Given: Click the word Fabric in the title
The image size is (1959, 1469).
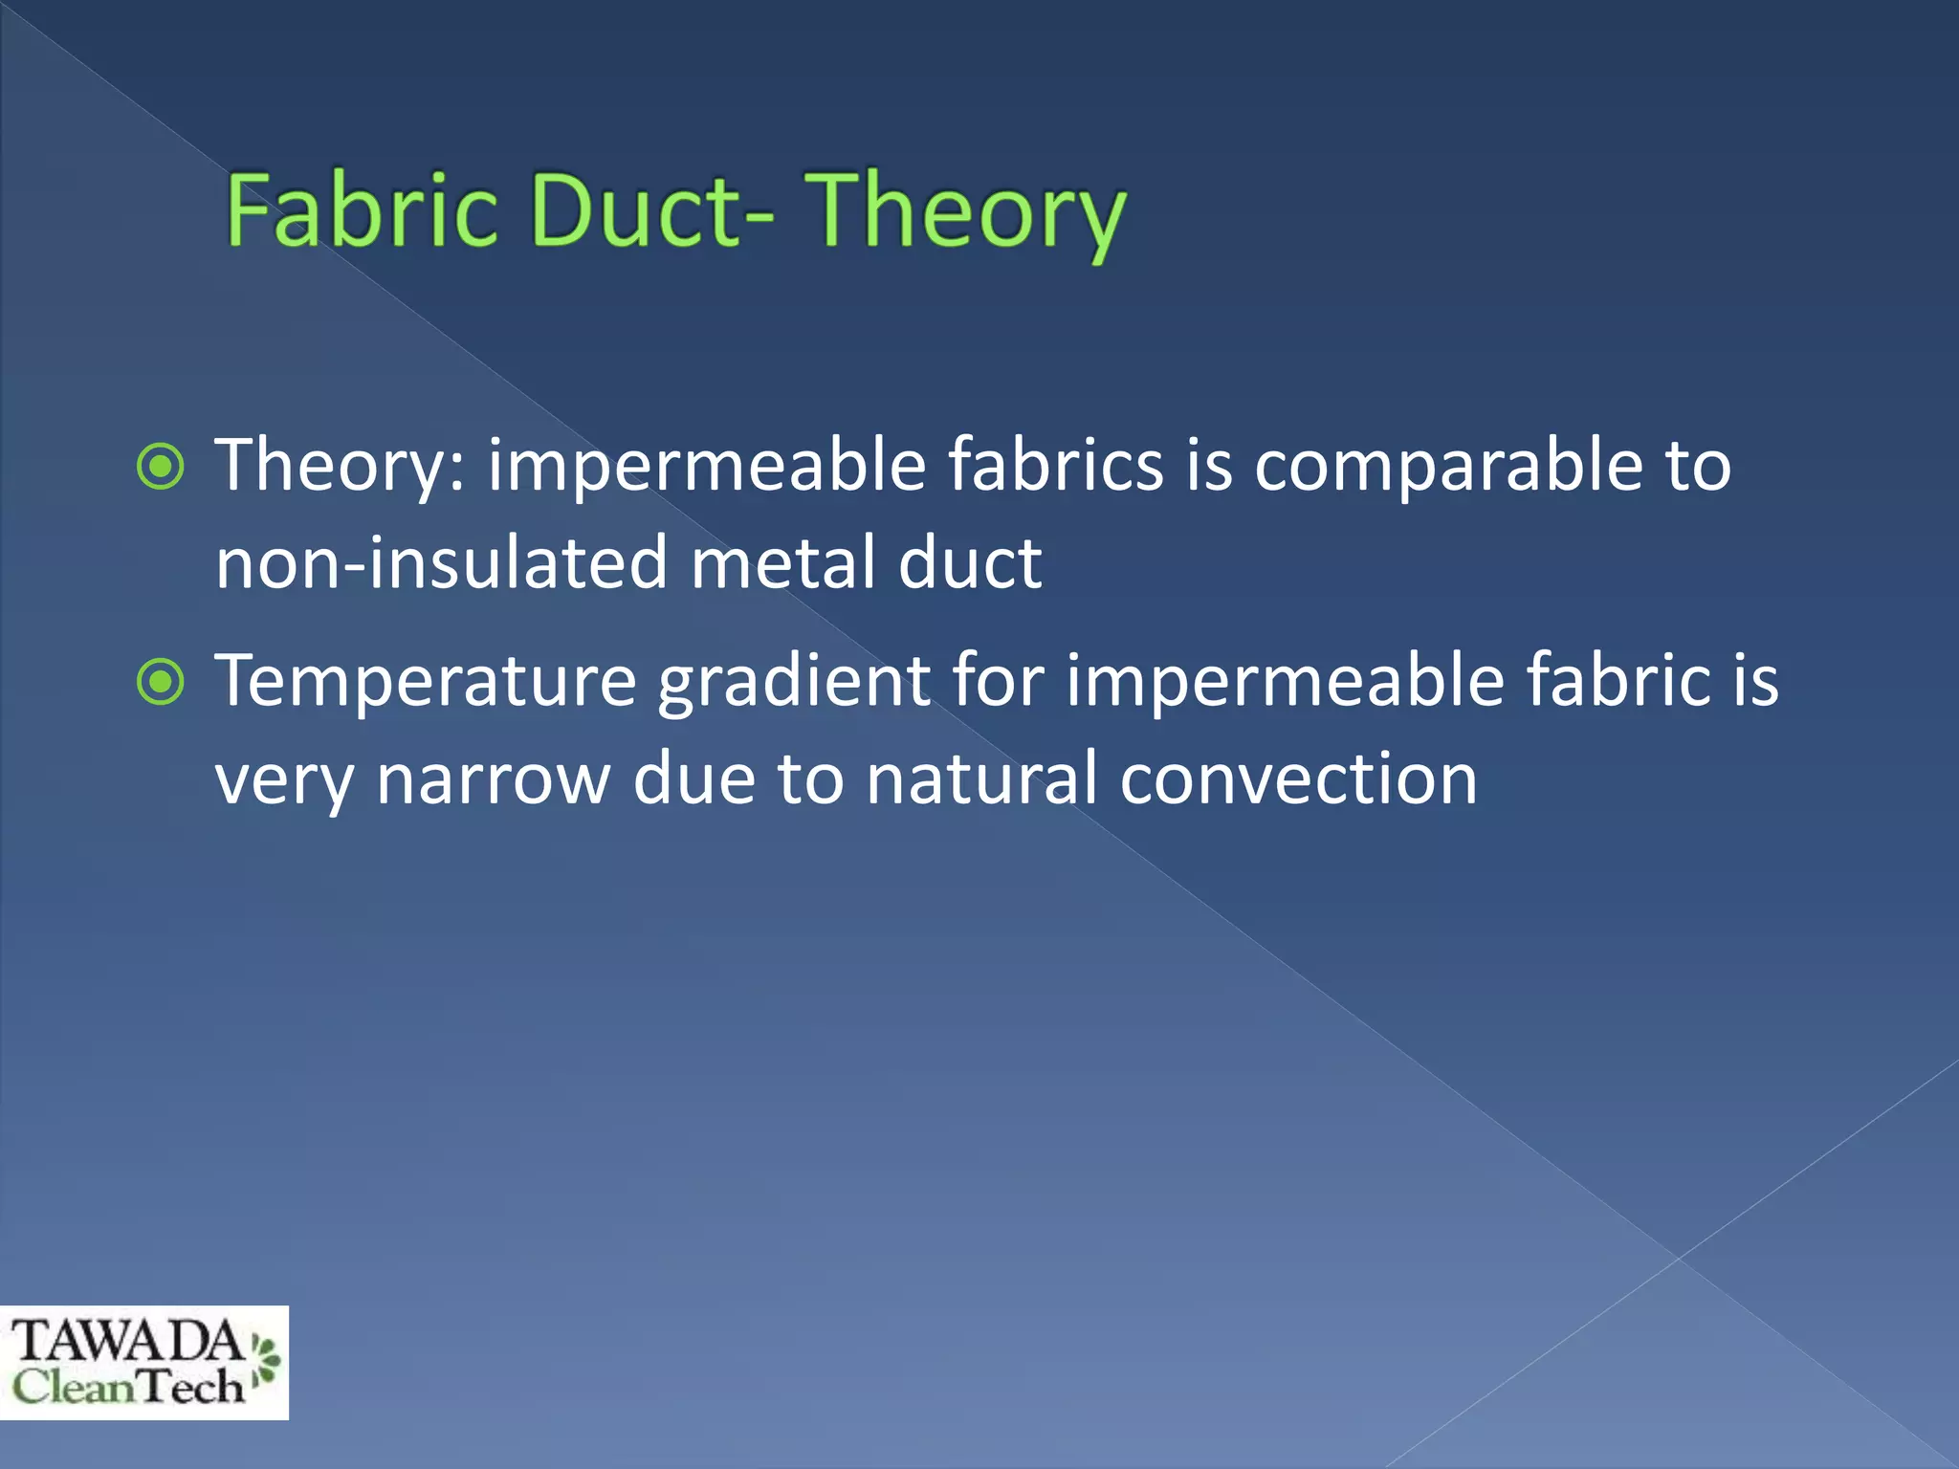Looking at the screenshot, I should tap(362, 210).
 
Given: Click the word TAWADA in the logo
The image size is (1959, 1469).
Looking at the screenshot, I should tap(126, 1341).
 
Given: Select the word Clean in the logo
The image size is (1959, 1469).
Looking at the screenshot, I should tap(74, 1387).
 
